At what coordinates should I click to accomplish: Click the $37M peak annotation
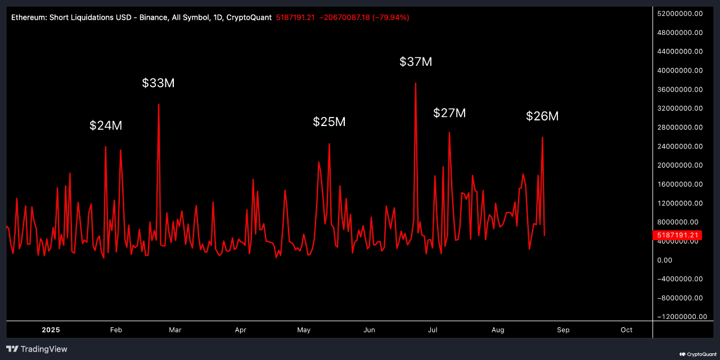pyautogui.click(x=416, y=62)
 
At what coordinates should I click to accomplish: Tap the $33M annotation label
pyautogui.click(x=158, y=83)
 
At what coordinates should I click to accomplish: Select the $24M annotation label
pyautogui.click(x=106, y=125)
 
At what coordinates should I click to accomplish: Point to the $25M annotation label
pyautogui.click(x=329, y=121)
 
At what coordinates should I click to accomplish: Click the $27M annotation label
pyautogui.click(x=449, y=113)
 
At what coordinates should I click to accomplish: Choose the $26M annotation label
pyautogui.click(x=542, y=116)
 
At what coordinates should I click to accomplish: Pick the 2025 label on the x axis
pyautogui.click(x=51, y=330)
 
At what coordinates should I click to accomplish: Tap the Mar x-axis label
pyautogui.click(x=175, y=330)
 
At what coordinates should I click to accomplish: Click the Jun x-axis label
pyautogui.click(x=369, y=330)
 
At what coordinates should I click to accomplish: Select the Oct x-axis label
pyautogui.click(x=626, y=330)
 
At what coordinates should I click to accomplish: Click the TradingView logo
pyautogui.click(x=37, y=349)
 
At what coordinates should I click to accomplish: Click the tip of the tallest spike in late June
pyautogui.click(x=415, y=83)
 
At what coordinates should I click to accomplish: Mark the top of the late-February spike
pyautogui.click(x=159, y=104)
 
